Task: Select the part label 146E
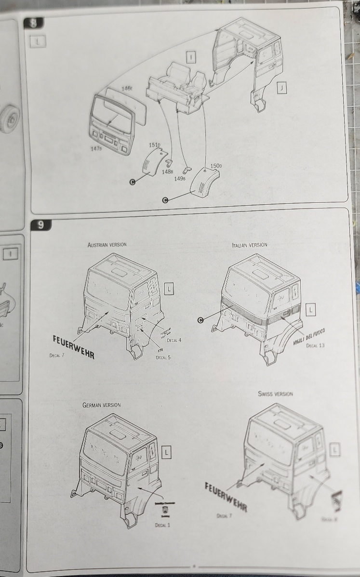[127, 89]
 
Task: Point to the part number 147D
[96, 149]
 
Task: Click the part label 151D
[155, 144]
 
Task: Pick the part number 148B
[168, 171]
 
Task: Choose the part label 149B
[180, 178]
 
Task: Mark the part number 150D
[216, 166]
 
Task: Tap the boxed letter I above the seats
[191, 57]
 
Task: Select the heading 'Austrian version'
[107, 245]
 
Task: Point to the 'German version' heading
[101, 405]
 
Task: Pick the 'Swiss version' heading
[275, 394]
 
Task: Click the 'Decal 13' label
[316, 345]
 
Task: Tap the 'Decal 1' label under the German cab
[162, 525]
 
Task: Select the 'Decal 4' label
[173, 340]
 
